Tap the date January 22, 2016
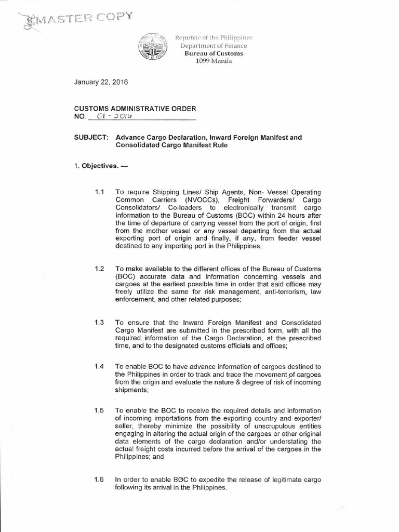pos(101,82)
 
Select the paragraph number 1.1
pos(100,192)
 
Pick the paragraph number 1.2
pos(100,269)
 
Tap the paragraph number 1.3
pos(100,323)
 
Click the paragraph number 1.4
pos(100,366)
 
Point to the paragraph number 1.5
pos(100,410)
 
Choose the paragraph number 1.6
pos(100,479)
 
